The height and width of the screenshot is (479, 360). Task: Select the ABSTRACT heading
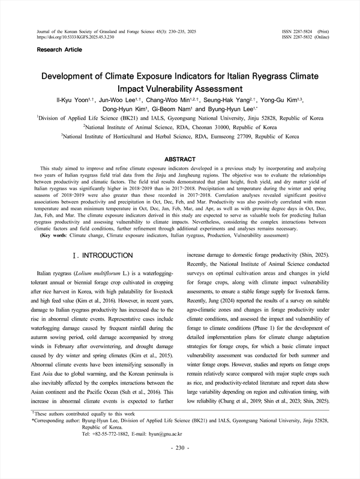coord(179,160)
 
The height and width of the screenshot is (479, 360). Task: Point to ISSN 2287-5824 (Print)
coord(304,30)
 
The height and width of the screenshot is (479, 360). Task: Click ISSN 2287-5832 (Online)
coord(304,36)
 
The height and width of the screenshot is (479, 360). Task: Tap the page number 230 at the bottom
coord(179,464)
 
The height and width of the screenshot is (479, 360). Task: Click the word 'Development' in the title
coord(74,77)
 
